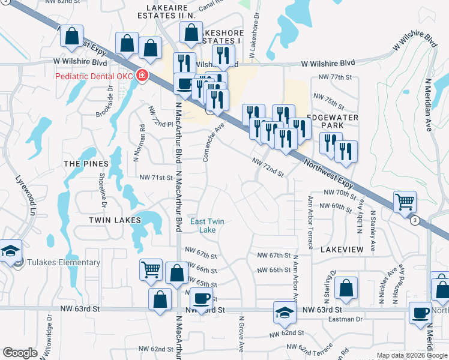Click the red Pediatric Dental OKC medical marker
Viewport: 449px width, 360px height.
(143, 76)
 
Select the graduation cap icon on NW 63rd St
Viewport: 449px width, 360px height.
(285, 311)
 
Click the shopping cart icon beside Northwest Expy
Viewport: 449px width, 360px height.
(405, 202)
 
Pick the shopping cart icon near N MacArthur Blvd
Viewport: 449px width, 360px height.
(150, 269)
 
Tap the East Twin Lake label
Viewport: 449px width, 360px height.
(207, 226)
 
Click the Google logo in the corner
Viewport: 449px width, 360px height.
(20, 353)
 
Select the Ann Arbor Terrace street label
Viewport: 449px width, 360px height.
(310, 222)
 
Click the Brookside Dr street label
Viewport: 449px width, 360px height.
(110, 100)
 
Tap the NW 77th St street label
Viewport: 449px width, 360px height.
(334, 77)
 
